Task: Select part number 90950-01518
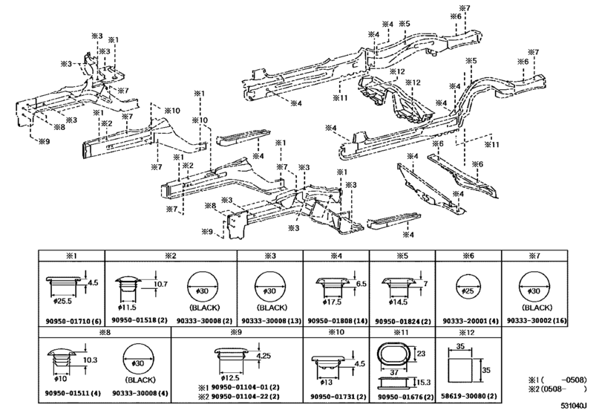[134, 321]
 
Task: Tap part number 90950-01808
[331, 321]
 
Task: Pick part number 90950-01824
[397, 321]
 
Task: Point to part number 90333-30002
[531, 321]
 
